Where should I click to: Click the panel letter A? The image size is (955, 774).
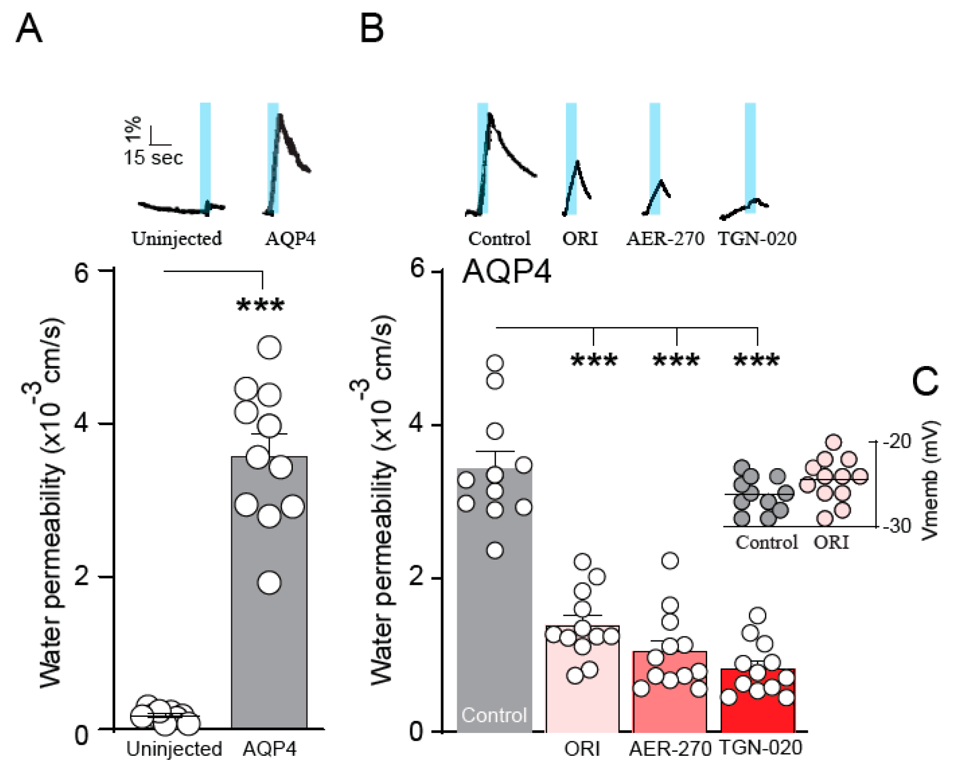coord(29,29)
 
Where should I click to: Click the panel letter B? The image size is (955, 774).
coord(372,29)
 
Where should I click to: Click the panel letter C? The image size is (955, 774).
coord(925,381)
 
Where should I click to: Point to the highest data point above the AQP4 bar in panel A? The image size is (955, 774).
coord(269,347)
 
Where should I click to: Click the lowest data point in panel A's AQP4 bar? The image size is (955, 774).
coord(269,582)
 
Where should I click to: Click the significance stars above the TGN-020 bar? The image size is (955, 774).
coord(757,360)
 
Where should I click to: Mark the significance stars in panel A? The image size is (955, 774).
coord(261,305)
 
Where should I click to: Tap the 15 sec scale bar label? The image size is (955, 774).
coord(153,158)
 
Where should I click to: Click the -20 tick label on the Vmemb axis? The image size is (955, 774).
coord(897,441)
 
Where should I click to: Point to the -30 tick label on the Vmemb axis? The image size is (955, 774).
coord(897,526)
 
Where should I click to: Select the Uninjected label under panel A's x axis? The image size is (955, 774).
coord(174,749)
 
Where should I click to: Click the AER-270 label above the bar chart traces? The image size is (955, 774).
coord(665,239)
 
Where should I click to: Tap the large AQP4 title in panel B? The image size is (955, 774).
coord(506,271)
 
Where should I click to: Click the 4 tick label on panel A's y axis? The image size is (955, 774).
coord(81,424)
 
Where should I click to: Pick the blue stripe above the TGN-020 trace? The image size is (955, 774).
coord(750,152)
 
